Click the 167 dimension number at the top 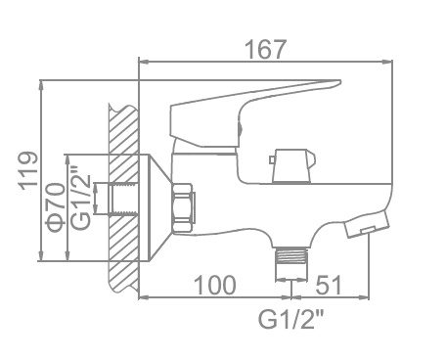coord(265,50)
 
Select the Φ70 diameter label coord(55,207)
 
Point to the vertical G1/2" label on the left coord(80,198)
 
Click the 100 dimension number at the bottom coord(215,285)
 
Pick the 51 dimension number coord(329,285)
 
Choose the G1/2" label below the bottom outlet coord(290,319)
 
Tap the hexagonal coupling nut coord(183,207)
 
